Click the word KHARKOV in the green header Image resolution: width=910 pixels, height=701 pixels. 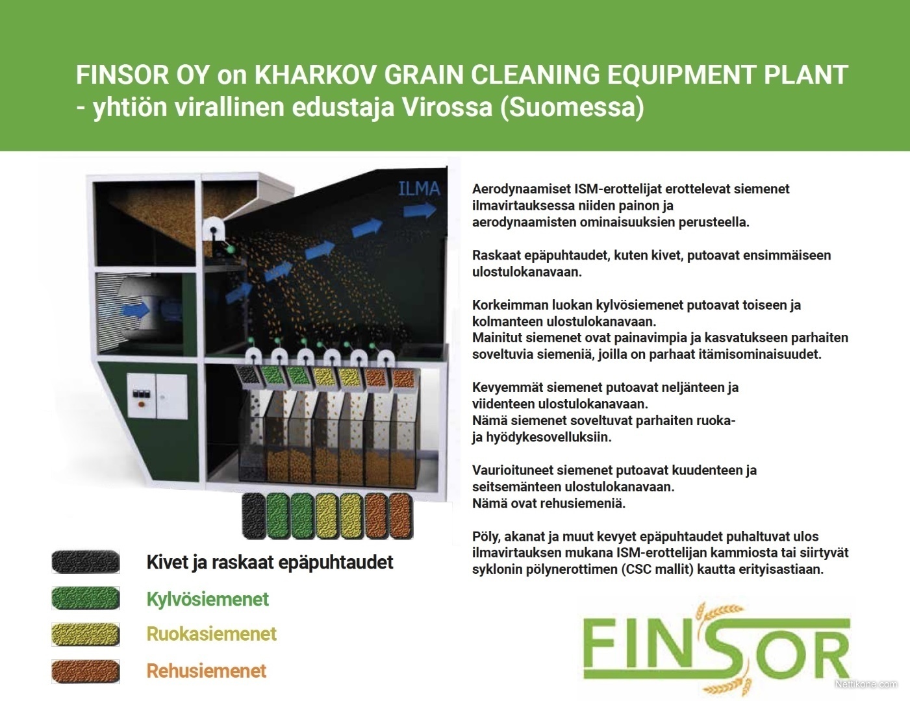(x=316, y=75)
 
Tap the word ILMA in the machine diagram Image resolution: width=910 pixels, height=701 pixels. (x=419, y=189)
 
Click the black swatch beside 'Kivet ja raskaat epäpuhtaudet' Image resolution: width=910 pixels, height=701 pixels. (x=86, y=561)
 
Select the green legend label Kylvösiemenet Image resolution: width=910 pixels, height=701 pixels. (x=207, y=599)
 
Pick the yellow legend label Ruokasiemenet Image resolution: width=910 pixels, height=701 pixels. (x=212, y=634)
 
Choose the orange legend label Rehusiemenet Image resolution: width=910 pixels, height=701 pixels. (x=206, y=671)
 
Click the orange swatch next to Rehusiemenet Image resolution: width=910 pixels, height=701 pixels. (x=86, y=671)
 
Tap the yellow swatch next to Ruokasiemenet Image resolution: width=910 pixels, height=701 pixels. (x=86, y=634)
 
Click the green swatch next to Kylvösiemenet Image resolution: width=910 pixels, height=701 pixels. (x=86, y=598)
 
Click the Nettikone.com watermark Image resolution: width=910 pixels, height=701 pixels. (x=866, y=684)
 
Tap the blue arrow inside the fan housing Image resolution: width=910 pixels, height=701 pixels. (x=135, y=310)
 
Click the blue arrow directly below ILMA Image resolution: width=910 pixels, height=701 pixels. (x=420, y=210)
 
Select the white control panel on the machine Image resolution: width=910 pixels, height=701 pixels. (x=157, y=396)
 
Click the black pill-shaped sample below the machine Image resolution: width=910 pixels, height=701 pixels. (x=254, y=515)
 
